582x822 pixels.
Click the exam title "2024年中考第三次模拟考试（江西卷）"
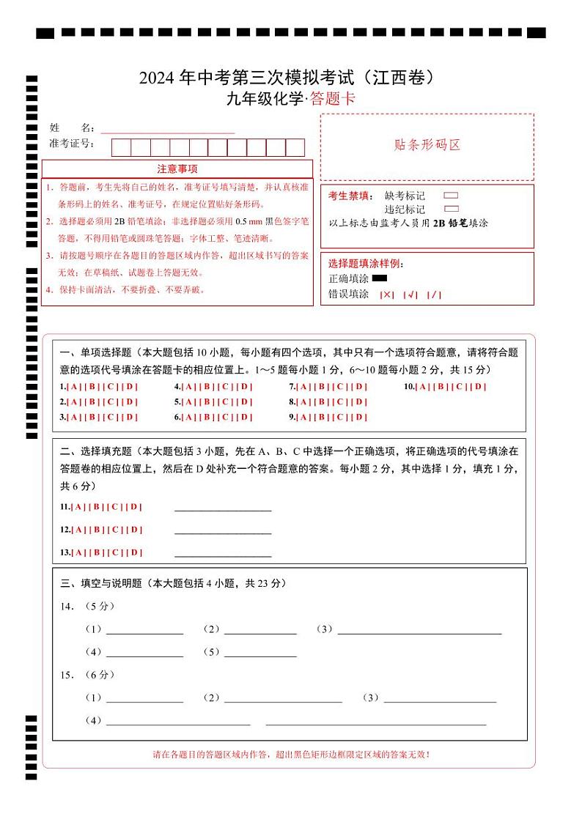pos(291,78)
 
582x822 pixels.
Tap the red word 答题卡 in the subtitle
pos(332,99)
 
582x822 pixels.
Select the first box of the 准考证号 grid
pos(121,147)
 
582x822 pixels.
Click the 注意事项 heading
pos(177,169)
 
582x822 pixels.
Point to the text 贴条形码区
pos(427,145)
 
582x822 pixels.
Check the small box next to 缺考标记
pos(451,196)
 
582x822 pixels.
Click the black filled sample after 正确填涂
pos(380,278)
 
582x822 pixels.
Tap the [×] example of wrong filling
pos(387,295)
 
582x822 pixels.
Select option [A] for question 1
pos(75,387)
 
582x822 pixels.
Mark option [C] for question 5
pos(225,401)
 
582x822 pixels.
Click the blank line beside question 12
pos(223,530)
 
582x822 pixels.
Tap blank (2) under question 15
pos(283,698)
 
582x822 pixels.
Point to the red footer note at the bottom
pos(291,754)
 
